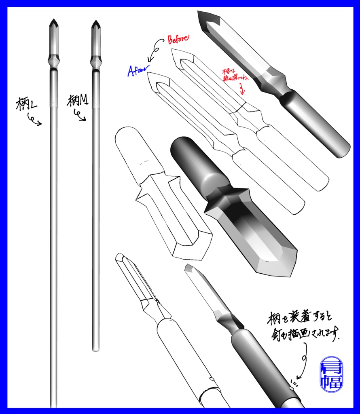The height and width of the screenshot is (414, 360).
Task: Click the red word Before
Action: pos(178,39)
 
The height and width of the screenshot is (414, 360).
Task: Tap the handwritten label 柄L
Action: pos(27,104)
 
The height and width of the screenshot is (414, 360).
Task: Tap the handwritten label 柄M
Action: pos(78,100)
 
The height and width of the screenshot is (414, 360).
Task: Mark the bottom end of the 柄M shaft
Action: pos(95,349)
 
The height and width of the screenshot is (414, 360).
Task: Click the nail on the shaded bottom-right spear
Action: pos(291,389)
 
